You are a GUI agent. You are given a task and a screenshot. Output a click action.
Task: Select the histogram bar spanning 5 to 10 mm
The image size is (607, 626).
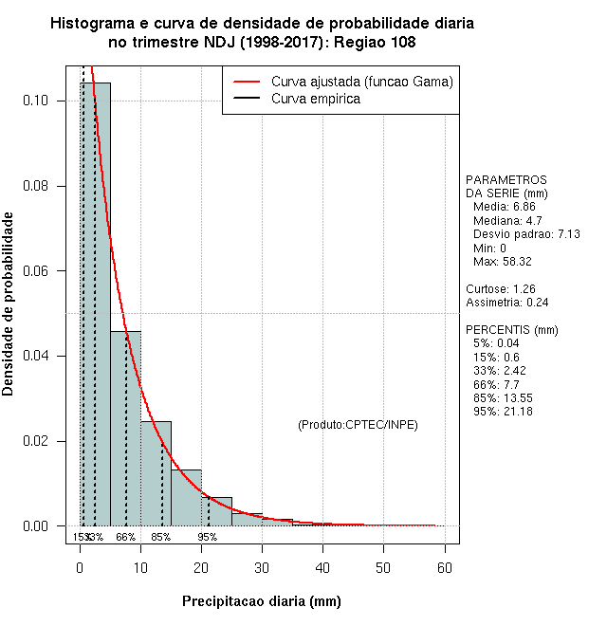point(125,427)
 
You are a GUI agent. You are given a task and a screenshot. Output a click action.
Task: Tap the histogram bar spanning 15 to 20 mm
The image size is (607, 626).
point(186,497)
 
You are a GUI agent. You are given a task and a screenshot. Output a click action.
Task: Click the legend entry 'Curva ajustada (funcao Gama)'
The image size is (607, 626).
point(361,83)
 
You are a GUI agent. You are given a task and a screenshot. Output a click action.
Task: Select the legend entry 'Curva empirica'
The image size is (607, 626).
point(315,99)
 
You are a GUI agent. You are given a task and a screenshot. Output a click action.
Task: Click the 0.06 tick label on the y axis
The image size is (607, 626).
point(50,271)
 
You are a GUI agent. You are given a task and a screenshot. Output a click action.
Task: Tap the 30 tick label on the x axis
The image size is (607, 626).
point(262,567)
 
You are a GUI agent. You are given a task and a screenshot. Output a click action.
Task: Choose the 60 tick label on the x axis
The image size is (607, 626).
point(444,567)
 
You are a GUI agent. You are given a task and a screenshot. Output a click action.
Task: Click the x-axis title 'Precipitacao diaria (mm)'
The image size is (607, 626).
point(261,601)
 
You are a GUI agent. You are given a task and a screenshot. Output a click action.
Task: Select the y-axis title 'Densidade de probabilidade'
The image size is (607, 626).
point(9,304)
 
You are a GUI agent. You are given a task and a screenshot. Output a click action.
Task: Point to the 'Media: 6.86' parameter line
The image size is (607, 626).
point(505,206)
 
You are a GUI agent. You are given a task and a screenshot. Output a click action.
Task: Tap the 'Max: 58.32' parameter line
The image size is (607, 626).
point(503,261)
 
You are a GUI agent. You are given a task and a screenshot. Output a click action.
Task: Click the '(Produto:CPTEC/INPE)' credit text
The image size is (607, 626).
point(358,424)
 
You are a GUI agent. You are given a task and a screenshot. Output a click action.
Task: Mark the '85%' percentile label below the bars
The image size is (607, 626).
point(161,537)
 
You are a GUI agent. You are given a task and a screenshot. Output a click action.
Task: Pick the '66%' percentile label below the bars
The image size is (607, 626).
point(126,537)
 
